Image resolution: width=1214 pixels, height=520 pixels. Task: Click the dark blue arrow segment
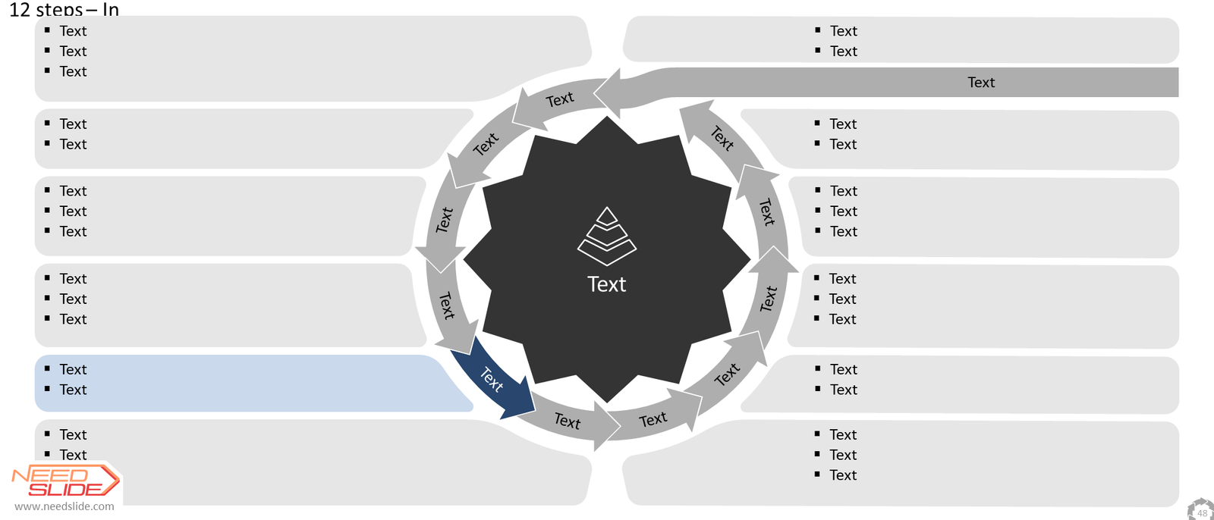point(492,379)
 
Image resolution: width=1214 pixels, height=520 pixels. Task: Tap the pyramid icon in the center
point(607,237)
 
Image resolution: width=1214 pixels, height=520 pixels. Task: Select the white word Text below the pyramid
point(607,284)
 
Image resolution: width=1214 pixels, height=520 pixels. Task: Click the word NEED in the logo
point(50,475)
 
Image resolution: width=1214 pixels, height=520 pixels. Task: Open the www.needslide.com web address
point(64,506)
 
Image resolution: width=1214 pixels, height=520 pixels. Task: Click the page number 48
point(1202,513)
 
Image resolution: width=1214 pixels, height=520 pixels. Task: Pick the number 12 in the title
point(20,10)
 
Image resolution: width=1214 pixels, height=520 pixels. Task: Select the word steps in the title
point(58,11)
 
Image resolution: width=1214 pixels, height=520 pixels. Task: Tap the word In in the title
point(111,10)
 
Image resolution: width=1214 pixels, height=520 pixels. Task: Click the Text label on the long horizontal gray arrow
point(982,83)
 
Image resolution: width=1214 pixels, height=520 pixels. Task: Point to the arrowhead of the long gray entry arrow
point(607,92)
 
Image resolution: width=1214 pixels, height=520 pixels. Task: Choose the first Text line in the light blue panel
point(73,369)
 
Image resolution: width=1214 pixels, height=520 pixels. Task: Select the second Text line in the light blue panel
point(73,390)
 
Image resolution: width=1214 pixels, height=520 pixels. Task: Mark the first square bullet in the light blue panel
point(48,368)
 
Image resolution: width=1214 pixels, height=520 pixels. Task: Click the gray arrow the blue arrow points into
point(569,421)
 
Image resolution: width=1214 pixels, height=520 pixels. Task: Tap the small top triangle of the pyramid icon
point(607,217)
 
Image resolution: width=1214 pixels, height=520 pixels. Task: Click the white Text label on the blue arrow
point(492,379)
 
